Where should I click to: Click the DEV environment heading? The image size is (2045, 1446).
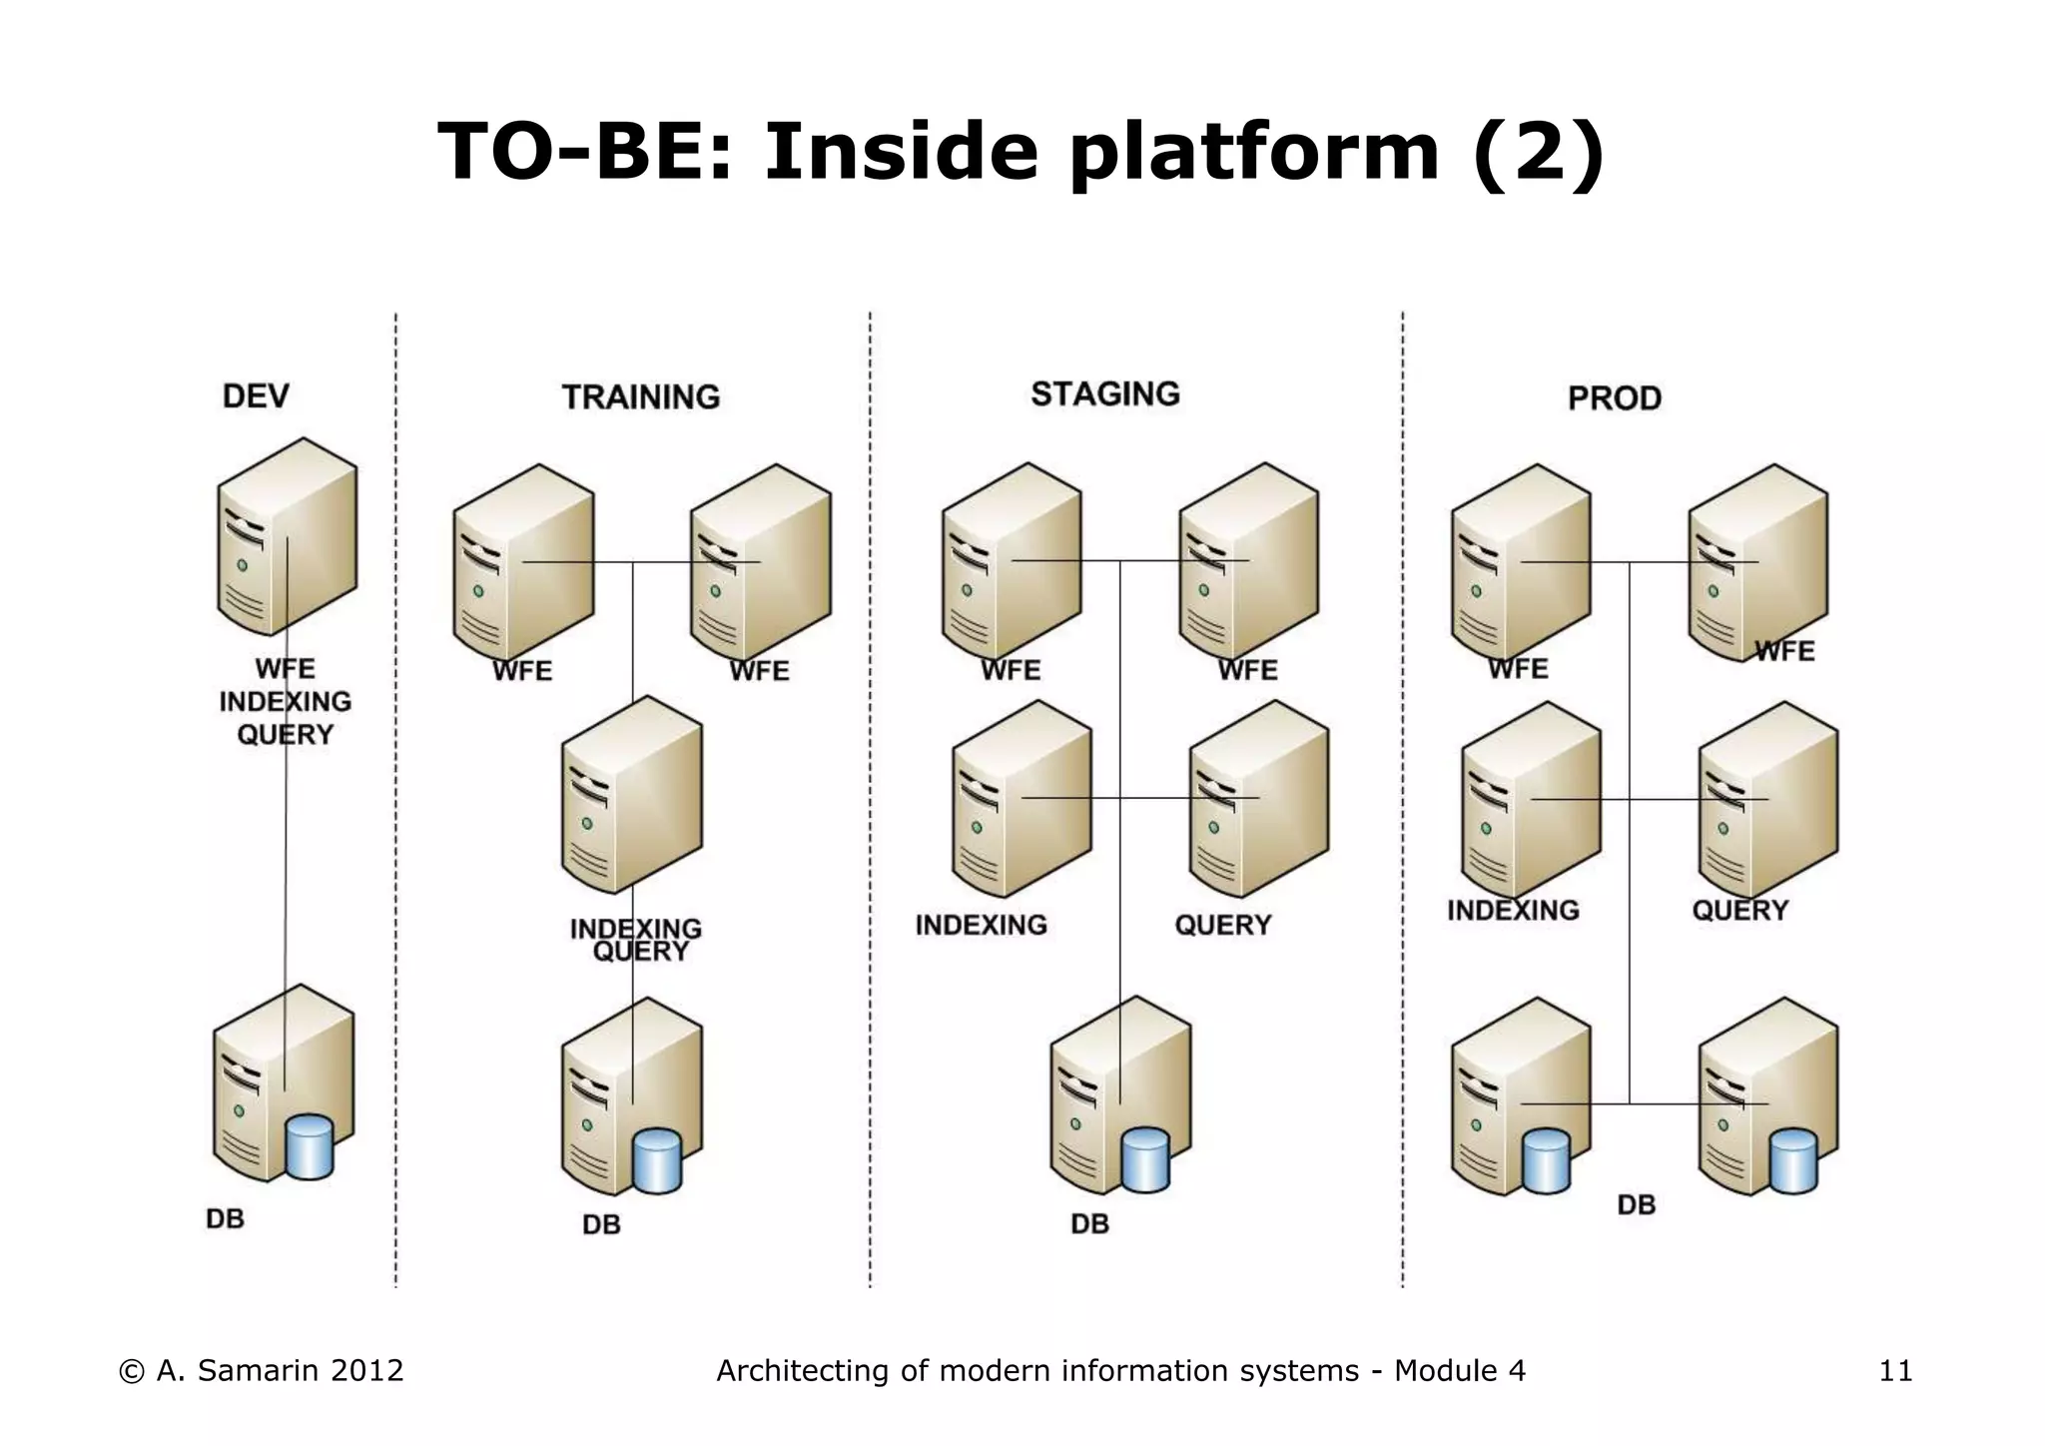[256, 396]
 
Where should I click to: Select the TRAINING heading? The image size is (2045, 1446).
[640, 397]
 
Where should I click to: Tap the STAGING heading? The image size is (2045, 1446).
[1104, 394]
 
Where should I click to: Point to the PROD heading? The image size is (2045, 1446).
[1614, 398]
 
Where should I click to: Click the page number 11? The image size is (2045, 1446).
[1895, 1371]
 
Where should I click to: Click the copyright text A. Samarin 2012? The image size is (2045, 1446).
[262, 1371]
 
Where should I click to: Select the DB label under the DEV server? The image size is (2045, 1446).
[225, 1219]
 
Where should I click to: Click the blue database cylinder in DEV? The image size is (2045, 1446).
[309, 1147]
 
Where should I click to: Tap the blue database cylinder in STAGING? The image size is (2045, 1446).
[1145, 1160]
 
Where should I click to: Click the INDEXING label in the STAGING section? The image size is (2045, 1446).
[981, 926]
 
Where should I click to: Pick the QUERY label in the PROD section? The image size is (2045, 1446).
[1739, 911]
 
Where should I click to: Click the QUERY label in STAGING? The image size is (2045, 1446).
[1222, 926]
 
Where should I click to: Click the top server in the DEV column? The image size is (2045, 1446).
[287, 536]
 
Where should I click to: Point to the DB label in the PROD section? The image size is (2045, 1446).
[1636, 1205]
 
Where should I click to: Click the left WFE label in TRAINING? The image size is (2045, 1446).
[521, 671]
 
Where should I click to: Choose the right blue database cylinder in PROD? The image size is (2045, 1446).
[1792, 1161]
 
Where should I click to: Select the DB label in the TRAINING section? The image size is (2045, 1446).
[601, 1225]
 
